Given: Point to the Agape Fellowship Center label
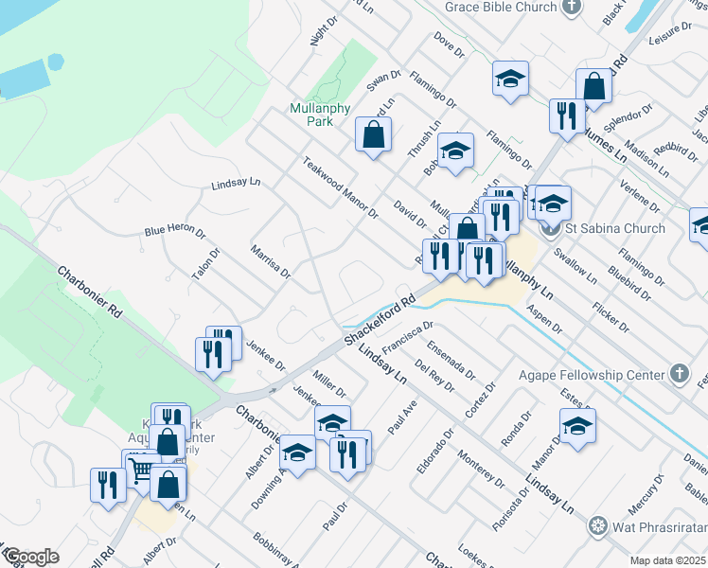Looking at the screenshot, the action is tap(592, 374).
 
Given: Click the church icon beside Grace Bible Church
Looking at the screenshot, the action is tap(571, 7).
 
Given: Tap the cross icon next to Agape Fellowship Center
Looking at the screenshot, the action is tap(679, 374).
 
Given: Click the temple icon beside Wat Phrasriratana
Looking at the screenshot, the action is tap(597, 524).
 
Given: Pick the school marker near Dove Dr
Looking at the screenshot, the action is tap(510, 79).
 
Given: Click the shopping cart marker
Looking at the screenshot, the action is tap(141, 470).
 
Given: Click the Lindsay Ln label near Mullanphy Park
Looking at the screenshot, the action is tap(236, 184).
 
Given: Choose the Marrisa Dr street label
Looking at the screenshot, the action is tap(271, 261).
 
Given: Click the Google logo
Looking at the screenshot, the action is tap(30, 557).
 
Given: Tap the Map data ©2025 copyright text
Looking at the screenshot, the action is tap(668, 560).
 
